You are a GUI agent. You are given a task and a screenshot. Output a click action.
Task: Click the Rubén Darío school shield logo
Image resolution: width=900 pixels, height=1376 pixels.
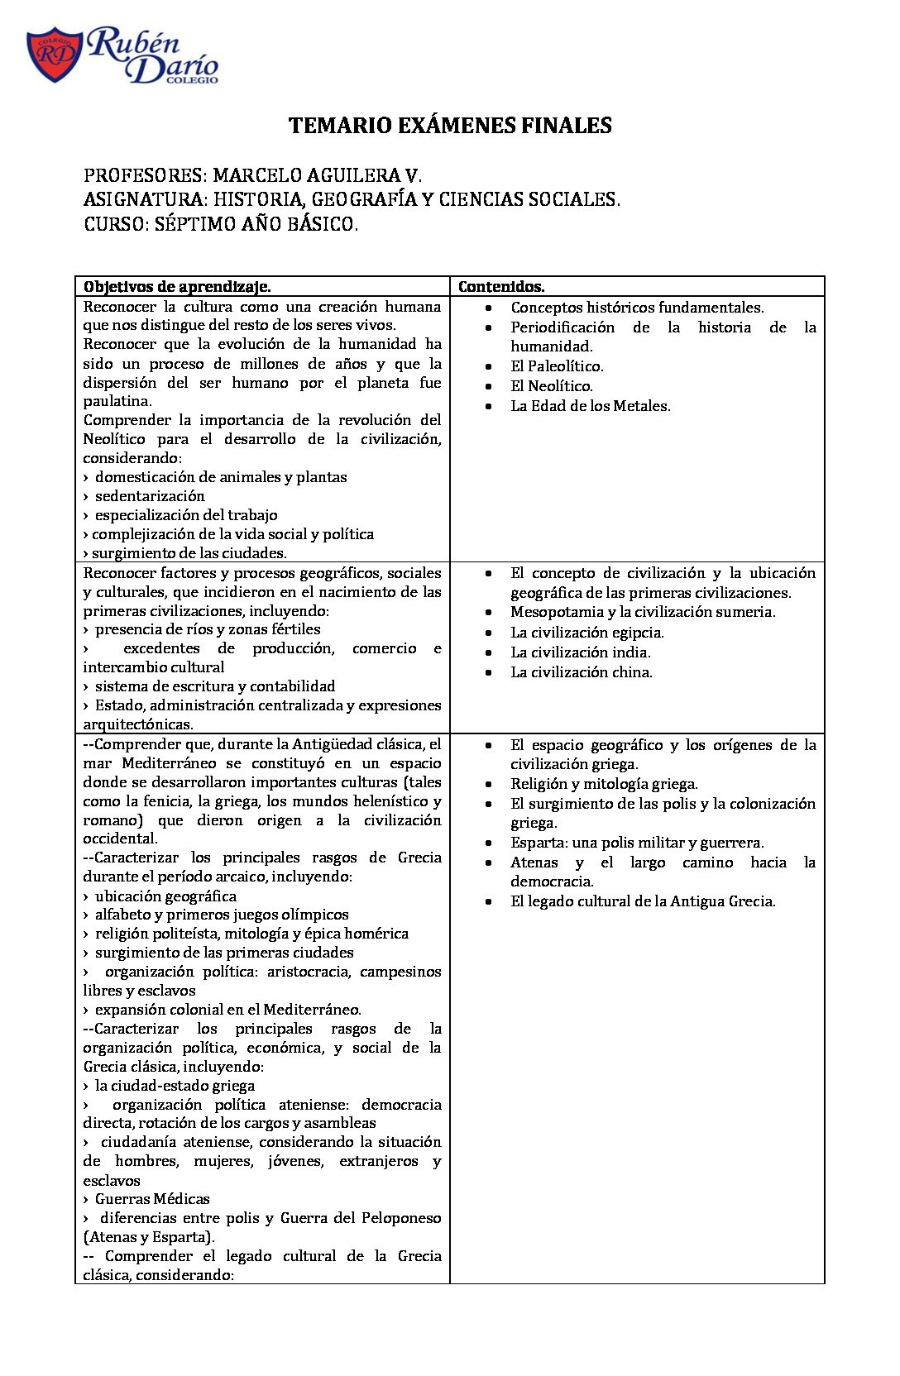click(x=55, y=55)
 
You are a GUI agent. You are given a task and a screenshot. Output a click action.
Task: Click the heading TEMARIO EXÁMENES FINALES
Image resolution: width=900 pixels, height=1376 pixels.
click(x=450, y=126)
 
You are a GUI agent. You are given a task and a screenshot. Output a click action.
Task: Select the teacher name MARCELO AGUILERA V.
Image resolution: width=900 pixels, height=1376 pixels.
click(x=317, y=175)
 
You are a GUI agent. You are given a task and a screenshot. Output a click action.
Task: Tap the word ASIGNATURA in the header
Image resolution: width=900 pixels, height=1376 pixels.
click(x=144, y=199)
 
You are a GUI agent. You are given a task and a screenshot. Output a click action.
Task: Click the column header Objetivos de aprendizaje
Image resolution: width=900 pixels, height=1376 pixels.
click(x=177, y=287)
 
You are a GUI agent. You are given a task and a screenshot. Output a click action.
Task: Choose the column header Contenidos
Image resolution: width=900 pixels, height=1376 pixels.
click(x=501, y=287)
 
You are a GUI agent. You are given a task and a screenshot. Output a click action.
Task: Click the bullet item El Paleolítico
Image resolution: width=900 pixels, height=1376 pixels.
click(x=557, y=366)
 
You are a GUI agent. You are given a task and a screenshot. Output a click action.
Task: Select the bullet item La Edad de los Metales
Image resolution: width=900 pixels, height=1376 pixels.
click(x=590, y=406)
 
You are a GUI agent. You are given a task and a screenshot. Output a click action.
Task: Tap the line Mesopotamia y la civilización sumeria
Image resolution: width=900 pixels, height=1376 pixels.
click(x=643, y=612)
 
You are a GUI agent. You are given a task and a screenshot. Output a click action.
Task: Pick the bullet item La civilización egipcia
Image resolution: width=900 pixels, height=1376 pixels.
click(x=586, y=633)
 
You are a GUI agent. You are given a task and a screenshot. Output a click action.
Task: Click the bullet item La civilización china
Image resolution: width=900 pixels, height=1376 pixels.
click(x=581, y=672)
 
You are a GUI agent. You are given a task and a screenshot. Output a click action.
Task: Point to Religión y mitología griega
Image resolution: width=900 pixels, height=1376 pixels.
click(x=604, y=784)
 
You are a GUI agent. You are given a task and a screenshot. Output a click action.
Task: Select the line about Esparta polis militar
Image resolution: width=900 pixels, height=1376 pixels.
click(x=637, y=843)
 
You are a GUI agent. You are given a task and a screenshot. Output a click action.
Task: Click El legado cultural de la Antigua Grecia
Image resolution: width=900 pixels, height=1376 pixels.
click(x=643, y=901)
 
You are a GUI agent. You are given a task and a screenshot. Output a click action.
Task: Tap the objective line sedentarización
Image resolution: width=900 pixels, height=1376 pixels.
click(x=150, y=496)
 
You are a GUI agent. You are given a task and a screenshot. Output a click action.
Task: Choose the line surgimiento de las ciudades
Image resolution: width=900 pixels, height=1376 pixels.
click(x=189, y=553)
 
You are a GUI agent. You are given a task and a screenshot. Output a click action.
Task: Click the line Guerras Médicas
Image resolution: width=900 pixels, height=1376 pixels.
click(x=152, y=1199)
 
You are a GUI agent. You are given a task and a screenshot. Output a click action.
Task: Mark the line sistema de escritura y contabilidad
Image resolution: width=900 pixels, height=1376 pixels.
click(x=215, y=686)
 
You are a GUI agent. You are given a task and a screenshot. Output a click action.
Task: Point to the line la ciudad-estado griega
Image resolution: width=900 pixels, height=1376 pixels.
click(x=175, y=1086)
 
